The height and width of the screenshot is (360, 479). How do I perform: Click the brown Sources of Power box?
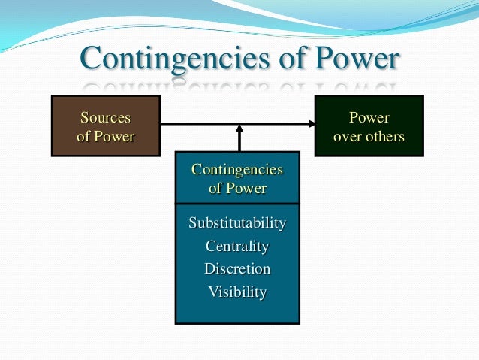[105, 126]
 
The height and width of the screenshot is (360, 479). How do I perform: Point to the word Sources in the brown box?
[105, 117]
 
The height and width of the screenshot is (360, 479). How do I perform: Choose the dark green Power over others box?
[369, 126]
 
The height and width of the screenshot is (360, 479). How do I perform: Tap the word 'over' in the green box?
[346, 136]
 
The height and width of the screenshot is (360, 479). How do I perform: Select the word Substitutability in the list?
[237, 223]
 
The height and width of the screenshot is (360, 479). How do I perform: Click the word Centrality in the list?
[237, 246]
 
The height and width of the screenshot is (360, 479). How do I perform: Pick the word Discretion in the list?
[237, 268]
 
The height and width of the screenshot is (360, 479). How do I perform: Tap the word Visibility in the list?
[237, 292]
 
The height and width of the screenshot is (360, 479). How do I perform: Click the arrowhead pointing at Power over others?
[309, 124]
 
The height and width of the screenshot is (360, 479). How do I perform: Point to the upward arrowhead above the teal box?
[239, 129]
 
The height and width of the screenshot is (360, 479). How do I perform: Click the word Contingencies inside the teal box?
[237, 169]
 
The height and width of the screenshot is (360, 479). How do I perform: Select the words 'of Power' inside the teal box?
[237, 188]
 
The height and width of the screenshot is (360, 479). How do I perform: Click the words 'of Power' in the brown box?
[105, 136]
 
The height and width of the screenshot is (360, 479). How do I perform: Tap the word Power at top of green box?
[369, 117]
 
